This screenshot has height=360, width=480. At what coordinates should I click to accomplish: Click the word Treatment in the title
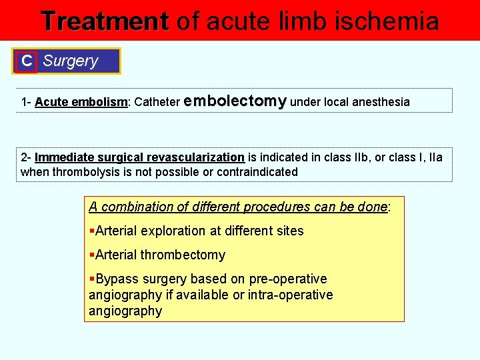pos(105,21)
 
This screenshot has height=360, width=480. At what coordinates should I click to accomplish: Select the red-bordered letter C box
pos(27,61)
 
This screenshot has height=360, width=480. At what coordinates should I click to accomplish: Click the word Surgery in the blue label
pos(70,61)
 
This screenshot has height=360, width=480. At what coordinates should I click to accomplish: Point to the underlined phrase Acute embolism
pos(81,102)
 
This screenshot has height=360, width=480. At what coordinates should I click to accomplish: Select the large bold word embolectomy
pos(235,101)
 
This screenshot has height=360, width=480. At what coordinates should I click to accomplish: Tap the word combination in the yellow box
pos(138,207)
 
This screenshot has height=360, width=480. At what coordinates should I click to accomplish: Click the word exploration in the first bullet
pos(172,231)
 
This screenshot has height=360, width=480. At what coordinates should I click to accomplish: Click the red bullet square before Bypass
pos(92,279)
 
